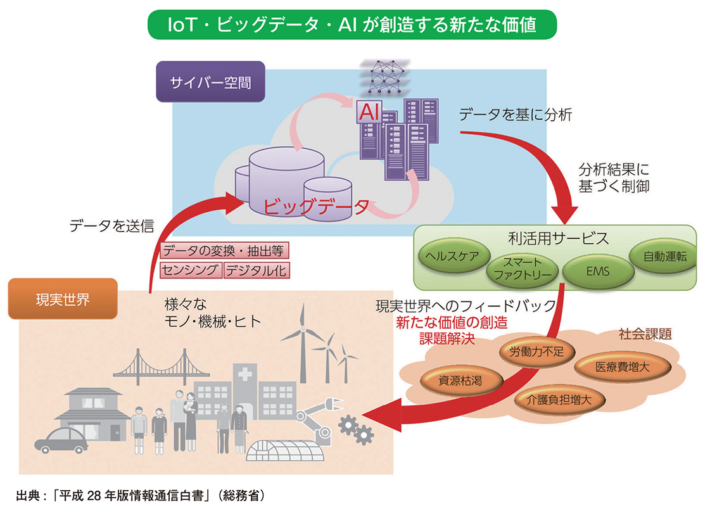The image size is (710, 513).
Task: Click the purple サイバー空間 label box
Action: click(x=210, y=82)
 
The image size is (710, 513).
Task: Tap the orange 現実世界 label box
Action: click(x=62, y=298)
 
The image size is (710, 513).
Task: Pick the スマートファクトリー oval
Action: click(x=523, y=269)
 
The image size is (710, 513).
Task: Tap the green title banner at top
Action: click(x=352, y=25)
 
